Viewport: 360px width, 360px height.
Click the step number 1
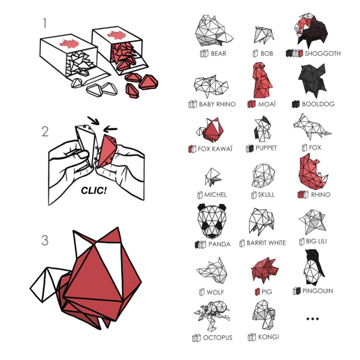pos(45,23)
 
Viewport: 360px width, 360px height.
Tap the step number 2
pos(45,131)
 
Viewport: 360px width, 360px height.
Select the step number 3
pos(45,240)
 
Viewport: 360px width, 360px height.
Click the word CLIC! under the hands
pos(94,190)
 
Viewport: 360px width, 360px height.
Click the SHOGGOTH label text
pos(323,53)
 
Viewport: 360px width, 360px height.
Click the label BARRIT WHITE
pos(266,243)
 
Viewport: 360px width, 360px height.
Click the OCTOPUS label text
pos(218,338)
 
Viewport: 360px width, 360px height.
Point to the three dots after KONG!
pos(313,319)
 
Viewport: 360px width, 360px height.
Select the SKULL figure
pos(263,176)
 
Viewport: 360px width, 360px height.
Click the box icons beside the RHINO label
pos(303,195)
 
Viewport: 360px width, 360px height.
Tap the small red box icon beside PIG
pos(257,292)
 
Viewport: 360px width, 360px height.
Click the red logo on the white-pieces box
pos(69,43)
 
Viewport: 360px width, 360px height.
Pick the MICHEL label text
pos(216,195)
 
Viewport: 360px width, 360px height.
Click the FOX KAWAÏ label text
pos(215,149)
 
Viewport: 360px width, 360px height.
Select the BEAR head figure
pos(213,31)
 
